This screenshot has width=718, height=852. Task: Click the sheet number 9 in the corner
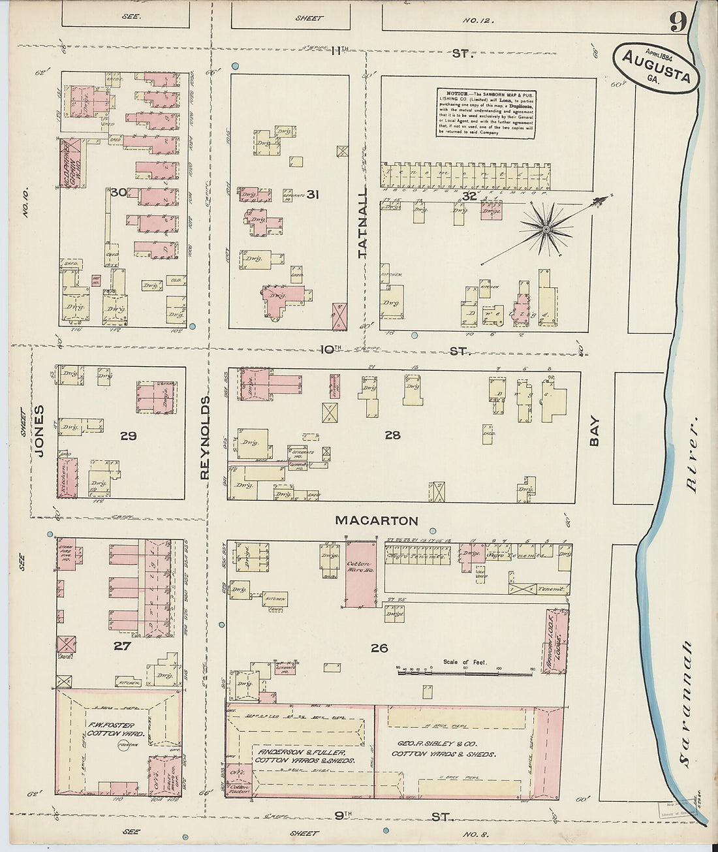pos(677,23)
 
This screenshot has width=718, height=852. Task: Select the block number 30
pos(118,193)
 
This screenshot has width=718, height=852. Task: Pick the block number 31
pos(312,195)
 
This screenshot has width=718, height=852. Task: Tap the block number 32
pos(469,196)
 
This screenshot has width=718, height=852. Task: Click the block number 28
pos(392,435)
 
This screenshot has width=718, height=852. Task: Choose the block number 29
pos(129,435)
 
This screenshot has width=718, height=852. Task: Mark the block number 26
pos(379,648)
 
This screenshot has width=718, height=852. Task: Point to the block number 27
pos(122,646)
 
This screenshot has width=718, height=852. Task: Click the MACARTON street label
pos(376,520)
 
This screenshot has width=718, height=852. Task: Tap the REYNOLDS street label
pos(205,437)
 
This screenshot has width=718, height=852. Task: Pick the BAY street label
pos(595,432)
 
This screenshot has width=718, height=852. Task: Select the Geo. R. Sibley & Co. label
pos(444,748)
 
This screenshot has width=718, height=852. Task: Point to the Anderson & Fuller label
pos(304,755)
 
